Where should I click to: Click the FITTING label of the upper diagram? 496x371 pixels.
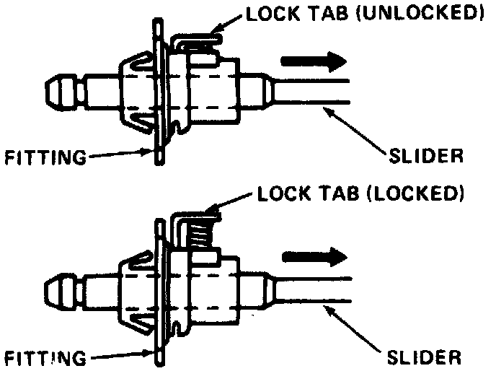pyautogui.click(x=44, y=155)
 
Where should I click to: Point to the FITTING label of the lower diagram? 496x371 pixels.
pyautogui.click(x=44, y=356)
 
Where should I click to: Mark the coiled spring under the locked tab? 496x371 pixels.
pyautogui.click(x=203, y=232)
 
